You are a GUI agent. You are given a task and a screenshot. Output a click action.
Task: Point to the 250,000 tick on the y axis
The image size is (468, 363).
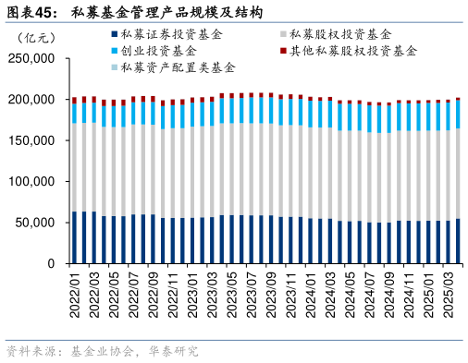[x=31, y=58]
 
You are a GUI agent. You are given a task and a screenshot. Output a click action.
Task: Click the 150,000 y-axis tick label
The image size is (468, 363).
[x=31, y=140]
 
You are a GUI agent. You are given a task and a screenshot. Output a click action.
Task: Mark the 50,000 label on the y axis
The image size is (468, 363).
[x=35, y=223]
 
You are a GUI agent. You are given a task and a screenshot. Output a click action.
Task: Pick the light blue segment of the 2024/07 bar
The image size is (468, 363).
[x=368, y=119]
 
